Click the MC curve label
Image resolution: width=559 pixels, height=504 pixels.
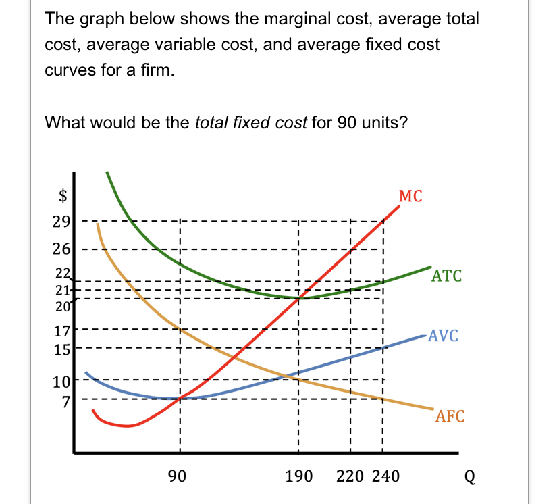coord(410,197)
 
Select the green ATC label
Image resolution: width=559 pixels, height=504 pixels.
coord(447,276)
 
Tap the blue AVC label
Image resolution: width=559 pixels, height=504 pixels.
coord(443,336)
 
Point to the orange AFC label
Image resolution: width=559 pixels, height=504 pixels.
coord(450,416)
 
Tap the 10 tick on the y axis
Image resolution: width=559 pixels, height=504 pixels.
coord(61,382)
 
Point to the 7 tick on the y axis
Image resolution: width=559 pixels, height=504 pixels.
coord(65,399)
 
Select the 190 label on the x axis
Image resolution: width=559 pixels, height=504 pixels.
coord(298,476)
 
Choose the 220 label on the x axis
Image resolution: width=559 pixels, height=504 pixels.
coord(350,476)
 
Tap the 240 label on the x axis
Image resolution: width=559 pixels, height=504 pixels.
coord(385,476)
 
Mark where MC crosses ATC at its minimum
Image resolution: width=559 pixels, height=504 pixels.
coord(298,297)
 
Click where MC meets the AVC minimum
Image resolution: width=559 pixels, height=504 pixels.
coord(180,398)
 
